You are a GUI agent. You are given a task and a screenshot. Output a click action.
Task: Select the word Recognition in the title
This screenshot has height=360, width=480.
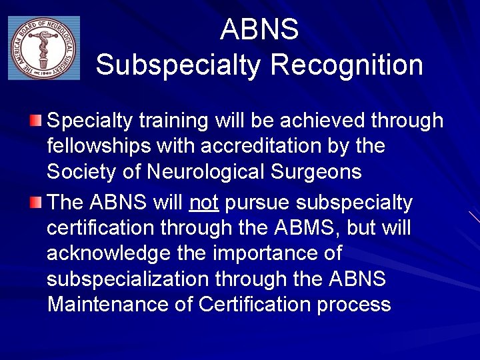347,65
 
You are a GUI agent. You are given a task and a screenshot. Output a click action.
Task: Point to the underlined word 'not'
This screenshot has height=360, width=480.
204,203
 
